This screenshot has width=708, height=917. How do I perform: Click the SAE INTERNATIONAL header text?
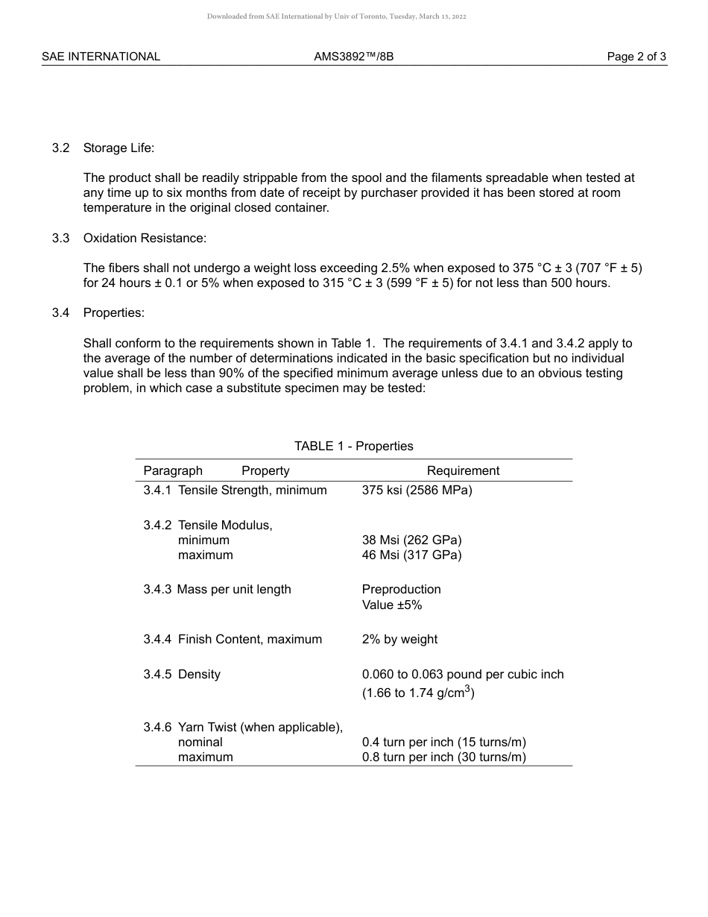[x=101, y=57]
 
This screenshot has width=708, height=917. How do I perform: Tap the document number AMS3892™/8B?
[x=354, y=57]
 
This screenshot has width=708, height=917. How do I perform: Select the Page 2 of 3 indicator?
[x=636, y=57]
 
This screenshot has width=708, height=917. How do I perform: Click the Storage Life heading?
[x=118, y=148]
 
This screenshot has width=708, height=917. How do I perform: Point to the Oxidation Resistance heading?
[x=145, y=238]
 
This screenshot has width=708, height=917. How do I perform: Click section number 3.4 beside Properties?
[x=61, y=312]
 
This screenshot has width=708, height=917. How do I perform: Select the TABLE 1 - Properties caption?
[x=353, y=446]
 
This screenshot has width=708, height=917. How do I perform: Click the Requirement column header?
[x=463, y=470]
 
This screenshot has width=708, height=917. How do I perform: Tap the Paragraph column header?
[x=173, y=470]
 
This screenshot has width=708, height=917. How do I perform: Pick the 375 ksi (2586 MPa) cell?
[x=417, y=490]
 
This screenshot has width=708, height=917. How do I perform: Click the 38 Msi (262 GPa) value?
[x=411, y=540]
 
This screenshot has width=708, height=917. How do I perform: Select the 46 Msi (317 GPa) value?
[x=411, y=555]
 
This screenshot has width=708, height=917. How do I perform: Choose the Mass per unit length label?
[x=234, y=589]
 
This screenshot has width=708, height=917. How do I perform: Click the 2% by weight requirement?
[x=399, y=639]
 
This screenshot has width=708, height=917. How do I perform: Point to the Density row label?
[x=199, y=674]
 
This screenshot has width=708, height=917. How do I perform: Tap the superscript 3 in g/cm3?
[x=467, y=689]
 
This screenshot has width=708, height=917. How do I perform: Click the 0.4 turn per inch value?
[x=443, y=742]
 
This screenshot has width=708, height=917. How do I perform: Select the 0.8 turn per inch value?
[x=443, y=757]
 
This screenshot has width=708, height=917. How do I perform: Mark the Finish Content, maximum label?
[x=250, y=639]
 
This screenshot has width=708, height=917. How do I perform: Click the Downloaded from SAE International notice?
[x=336, y=16]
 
